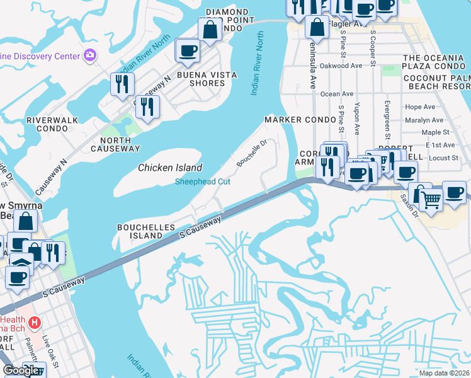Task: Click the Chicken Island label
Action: tap(170, 168)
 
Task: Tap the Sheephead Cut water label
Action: tap(202, 182)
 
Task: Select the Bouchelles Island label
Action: tap(140, 231)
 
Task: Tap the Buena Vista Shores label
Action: tap(207, 79)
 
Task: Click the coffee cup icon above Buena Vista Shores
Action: tap(187, 51)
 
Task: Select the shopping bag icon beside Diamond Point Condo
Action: tap(210, 29)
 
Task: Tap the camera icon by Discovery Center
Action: tap(90, 55)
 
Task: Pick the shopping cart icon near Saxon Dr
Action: tap(431, 200)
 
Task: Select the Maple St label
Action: tap(435, 132)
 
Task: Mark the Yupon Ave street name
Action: tap(357, 118)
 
